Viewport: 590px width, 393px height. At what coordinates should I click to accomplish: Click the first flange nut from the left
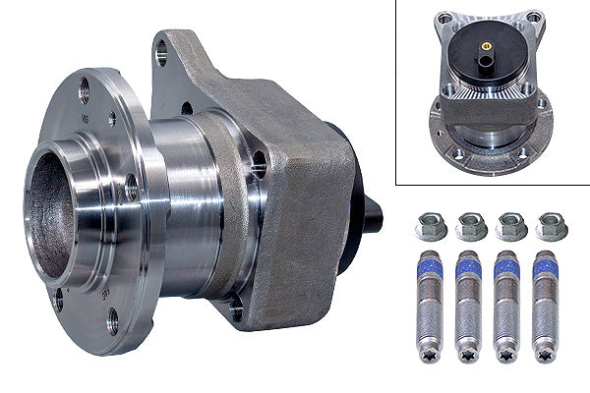tap(430, 227)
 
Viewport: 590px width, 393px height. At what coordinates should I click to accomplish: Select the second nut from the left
tap(471, 227)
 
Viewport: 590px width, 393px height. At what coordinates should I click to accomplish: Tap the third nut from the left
tap(511, 227)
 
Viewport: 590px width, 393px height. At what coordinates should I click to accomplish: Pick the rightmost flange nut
tap(552, 227)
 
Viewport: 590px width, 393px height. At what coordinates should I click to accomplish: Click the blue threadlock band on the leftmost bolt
tap(430, 267)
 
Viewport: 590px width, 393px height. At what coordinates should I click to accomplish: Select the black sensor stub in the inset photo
tap(486, 63)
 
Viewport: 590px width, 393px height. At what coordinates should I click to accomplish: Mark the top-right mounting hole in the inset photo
tap(532, 18)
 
